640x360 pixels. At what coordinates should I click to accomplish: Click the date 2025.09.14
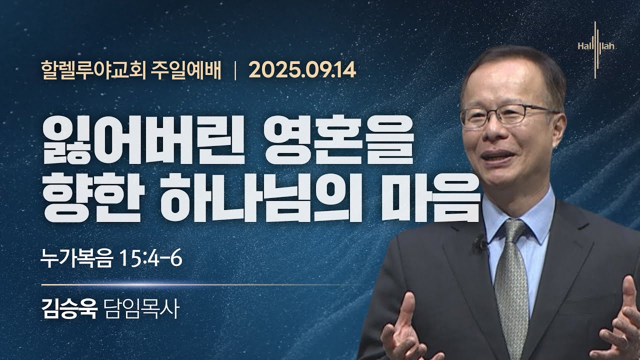click(302, 70)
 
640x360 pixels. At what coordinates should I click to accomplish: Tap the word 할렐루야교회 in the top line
click(93, 70)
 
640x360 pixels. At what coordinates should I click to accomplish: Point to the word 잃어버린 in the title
click(143, 140)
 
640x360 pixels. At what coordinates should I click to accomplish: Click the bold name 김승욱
click(69, 308)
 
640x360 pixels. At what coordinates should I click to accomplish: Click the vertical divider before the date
click(235, 70)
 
